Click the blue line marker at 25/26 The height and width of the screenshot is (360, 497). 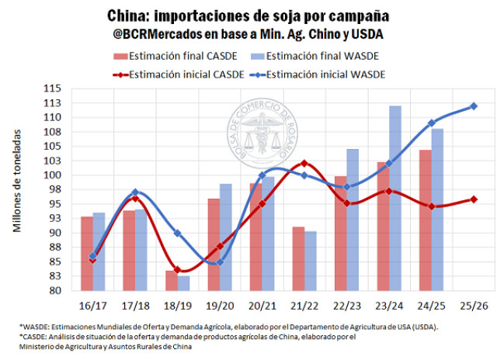474,106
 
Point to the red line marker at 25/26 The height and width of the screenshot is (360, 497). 474,199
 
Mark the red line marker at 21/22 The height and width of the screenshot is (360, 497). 304,163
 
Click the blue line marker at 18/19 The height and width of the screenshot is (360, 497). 177,233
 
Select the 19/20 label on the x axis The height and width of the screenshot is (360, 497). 219,305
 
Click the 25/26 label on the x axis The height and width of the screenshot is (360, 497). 474,305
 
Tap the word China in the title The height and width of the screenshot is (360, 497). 127,16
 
